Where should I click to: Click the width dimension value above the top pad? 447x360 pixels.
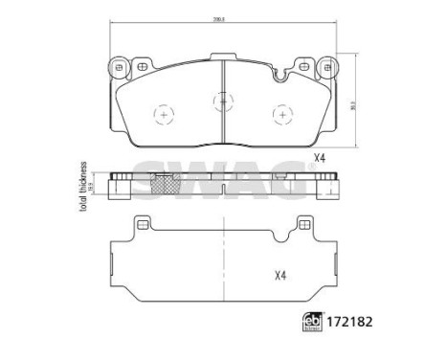[221, 18]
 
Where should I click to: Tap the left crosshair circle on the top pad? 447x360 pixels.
[164, 114]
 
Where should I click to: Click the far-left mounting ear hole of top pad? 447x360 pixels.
[120, 67]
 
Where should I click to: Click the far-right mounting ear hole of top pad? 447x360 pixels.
[324, 67]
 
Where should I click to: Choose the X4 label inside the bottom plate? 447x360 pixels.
[281, 278]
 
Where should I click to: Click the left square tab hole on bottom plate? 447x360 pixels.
[144, 228]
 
